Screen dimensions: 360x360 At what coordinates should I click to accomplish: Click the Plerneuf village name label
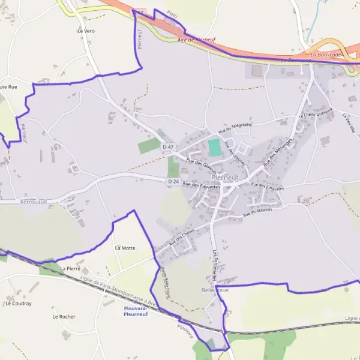coord(226,178)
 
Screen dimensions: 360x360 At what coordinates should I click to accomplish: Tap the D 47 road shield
coord(169,147)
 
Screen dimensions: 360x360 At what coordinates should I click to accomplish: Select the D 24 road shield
coord(173,181)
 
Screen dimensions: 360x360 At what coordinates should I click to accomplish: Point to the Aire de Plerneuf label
coord(196,40)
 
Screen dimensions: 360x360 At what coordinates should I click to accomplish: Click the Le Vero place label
coord(86,31)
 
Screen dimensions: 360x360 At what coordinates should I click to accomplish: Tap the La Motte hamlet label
coord(126,247)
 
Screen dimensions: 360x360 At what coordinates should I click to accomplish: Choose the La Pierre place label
coord(70,268)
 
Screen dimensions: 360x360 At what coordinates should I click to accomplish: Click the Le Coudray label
coord(18,304)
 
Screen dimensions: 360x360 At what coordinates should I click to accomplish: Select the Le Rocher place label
coord(63,316)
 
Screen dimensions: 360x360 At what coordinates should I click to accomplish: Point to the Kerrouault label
coord(33,202)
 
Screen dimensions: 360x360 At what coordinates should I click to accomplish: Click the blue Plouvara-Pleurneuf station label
coord(140,311)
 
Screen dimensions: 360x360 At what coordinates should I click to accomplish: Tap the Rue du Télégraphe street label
coord(235,128)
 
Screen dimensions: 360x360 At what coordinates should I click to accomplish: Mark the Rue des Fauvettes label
coord(202,186)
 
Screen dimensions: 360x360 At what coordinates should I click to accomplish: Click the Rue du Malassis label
coord(257,212)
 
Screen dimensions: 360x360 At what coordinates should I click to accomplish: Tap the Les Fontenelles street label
coord(214,266)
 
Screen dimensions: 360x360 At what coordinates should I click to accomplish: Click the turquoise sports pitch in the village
coord(214,148)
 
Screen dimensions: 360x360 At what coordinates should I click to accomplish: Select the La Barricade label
coord(326,55)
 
